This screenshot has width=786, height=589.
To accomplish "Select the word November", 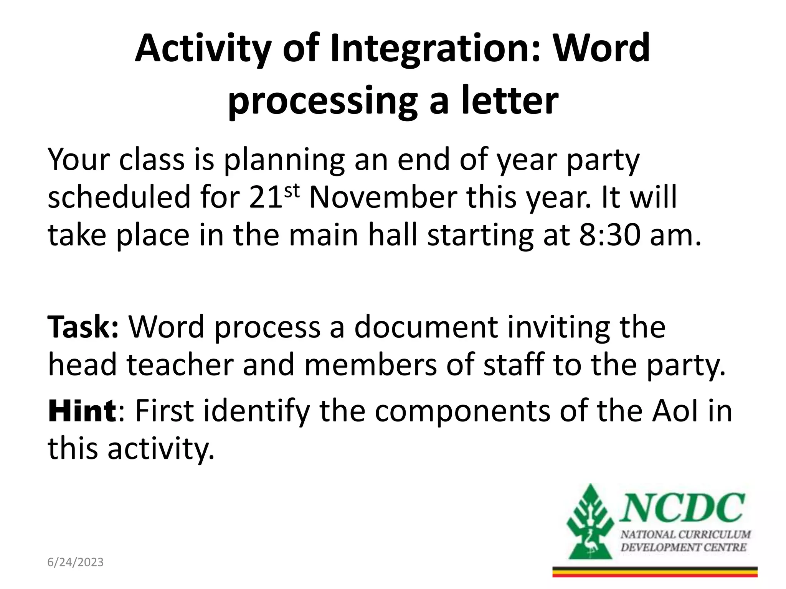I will [x=383, y=197].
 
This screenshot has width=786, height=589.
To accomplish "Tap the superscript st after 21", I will [x=292, y=190].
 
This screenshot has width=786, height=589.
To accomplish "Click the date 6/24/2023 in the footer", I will [x=75, y=562].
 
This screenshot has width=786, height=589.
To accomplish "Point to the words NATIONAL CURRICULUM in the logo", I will [x=685, y=535].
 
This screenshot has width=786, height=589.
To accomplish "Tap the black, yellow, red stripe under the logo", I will [x=655, y=572].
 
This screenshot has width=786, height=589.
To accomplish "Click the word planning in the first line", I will [x=284, y=160].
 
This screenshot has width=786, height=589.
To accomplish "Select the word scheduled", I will [x=119, y=197].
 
